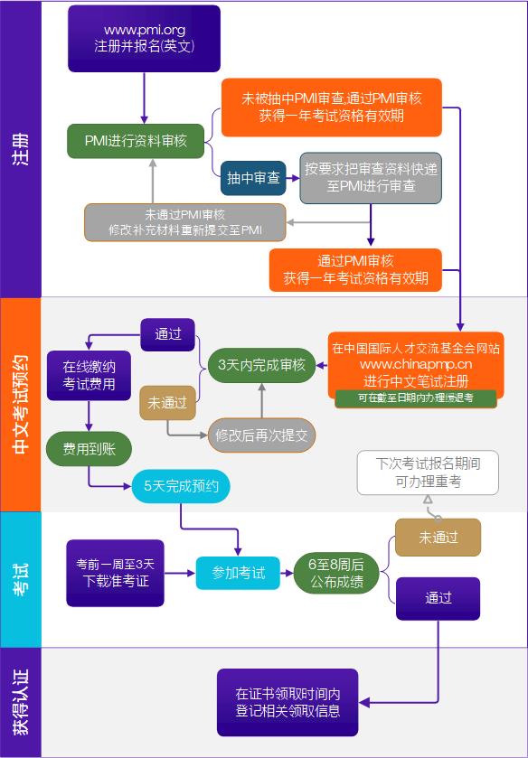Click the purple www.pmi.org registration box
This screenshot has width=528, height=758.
tap(145, 39)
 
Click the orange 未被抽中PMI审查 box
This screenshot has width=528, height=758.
tap(331, 107)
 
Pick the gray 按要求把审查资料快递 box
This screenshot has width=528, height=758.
tap(371, 177)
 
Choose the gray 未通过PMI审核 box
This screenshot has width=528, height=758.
tap(185, 222)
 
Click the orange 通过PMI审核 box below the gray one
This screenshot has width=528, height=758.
tap(356, 269)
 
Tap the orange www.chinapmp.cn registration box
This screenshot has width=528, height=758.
tap(415, 364)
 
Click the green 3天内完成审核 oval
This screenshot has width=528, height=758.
tap(262, 365)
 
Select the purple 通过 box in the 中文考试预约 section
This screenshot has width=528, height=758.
tap(168, 334)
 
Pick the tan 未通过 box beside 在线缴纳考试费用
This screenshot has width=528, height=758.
tap(168, 402)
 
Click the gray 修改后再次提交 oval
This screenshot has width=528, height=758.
tap(262, 435)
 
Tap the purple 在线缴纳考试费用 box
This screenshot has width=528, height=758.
tap(89, 375)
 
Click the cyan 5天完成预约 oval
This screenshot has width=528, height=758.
tap(181, 487)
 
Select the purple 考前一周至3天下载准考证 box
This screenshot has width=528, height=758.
tap(115, 572)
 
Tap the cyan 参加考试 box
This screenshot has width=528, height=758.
tap(239, 573)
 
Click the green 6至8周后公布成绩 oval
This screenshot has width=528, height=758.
tap(330, 573)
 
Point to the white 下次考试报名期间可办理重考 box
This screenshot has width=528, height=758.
tap(428, 473)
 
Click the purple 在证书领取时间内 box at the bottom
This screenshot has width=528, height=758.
tap(288, 702)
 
